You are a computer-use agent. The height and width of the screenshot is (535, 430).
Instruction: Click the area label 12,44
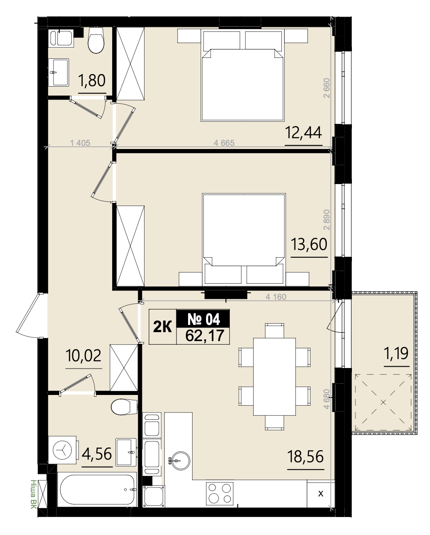coord(303,132)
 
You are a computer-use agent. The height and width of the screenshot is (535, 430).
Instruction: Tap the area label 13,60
coord(309,244)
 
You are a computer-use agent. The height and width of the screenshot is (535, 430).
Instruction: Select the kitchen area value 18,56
coord(306,456)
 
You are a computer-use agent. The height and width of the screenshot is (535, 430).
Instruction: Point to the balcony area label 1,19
coord(396,354)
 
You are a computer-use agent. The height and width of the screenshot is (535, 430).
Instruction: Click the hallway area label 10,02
coord(83,356)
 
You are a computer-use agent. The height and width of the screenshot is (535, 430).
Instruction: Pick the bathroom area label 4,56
coord(97,454)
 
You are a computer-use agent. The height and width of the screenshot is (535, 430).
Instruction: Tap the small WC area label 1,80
coord(92,80)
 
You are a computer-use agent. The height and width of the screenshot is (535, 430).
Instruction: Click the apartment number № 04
coord(204,320)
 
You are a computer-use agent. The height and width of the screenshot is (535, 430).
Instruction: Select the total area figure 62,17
coord(205,336)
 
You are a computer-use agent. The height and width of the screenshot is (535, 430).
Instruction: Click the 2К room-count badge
coord(162,327)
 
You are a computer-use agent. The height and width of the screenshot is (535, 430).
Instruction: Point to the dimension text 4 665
coord(224,143)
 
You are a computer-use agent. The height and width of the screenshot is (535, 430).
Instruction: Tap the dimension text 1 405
coord(80,143)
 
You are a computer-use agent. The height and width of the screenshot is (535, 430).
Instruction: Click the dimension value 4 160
coord(276,297)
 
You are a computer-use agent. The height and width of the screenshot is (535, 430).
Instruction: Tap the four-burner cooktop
coord(220,493)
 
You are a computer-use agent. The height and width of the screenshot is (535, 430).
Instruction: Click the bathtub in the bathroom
coord(97,490)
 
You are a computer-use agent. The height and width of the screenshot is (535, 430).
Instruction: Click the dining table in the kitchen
coord(274,377)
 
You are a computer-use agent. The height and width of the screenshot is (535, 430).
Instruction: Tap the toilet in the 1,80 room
coord(96,40)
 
